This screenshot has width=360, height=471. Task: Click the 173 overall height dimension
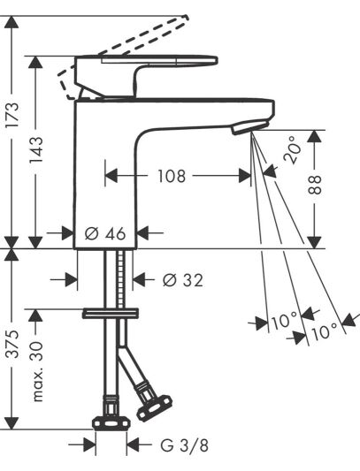(x=13, y=115)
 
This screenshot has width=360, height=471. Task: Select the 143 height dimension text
(x=36, y=149)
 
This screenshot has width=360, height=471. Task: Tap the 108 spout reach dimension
(x=172, y=176)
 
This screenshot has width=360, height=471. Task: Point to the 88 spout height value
(x=315, y=185)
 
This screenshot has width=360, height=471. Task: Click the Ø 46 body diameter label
(x=105, y=233)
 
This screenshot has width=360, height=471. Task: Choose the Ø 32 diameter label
(x=183, y=280)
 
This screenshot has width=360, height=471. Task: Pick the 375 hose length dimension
(x=13, y=344)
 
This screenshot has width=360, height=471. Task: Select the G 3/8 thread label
(x=184, y=445)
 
